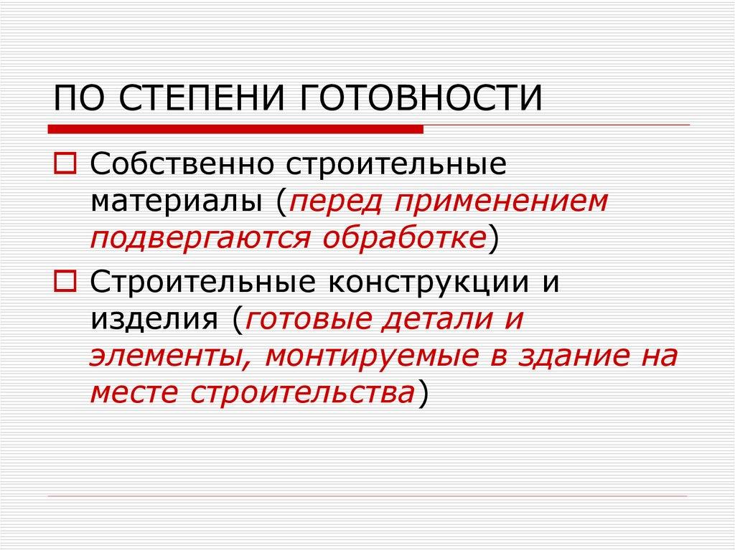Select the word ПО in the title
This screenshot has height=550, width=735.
(x=78, y=99)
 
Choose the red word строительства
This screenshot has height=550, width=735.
(x=303, y=394)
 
